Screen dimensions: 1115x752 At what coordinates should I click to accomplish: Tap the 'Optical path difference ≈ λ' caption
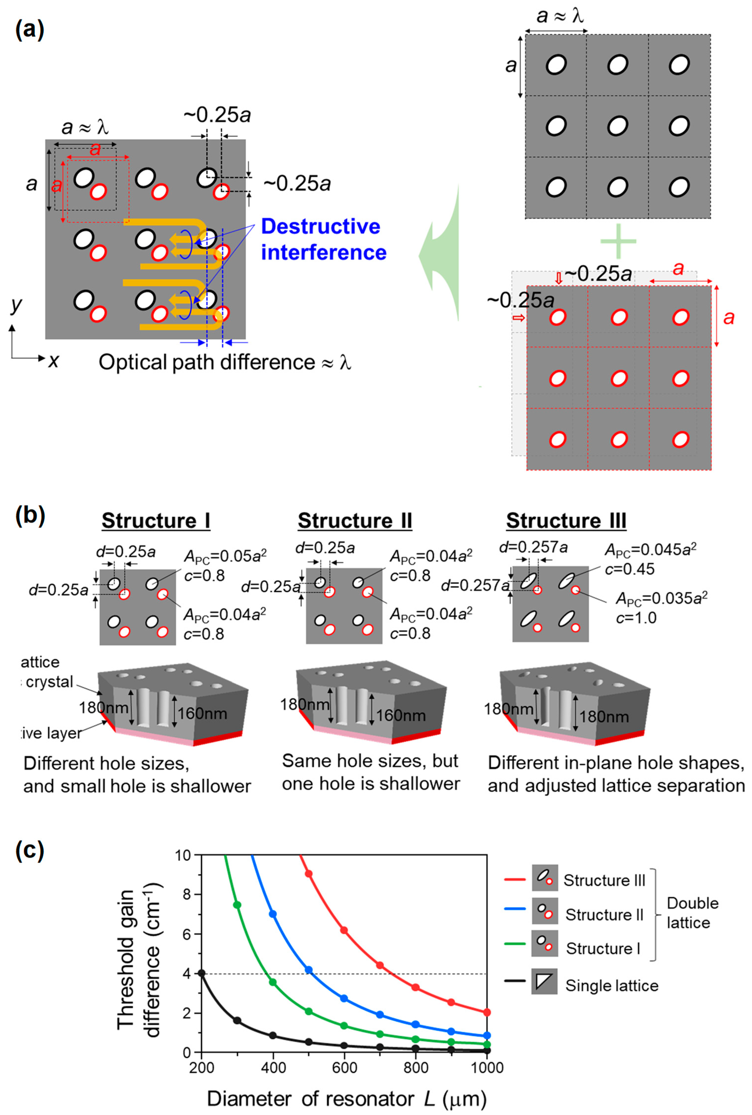tap(224, 363)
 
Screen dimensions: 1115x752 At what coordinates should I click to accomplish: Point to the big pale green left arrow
tap(439, 254)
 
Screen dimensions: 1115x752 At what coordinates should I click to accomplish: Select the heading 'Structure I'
tap(156, 521)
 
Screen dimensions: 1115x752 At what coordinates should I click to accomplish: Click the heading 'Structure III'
tap(566, 521)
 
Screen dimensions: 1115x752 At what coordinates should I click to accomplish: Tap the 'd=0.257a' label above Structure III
tap(533, 547)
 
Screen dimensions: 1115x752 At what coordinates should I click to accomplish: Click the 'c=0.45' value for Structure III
tap(629, 569)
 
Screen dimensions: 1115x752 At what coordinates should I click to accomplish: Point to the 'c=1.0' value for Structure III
tap(636, 618)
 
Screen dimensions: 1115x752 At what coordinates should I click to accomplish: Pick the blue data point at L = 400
tap(273, 914)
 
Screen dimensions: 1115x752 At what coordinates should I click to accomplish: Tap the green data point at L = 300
tap(237, 905)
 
